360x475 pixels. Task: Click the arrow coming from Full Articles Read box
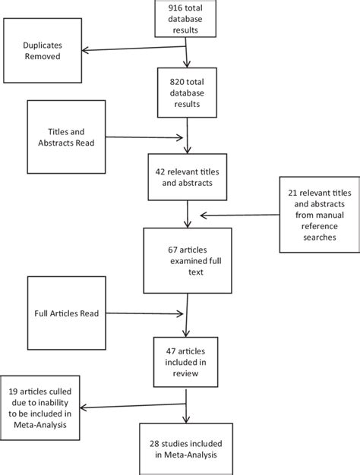[x=144, y=313]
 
